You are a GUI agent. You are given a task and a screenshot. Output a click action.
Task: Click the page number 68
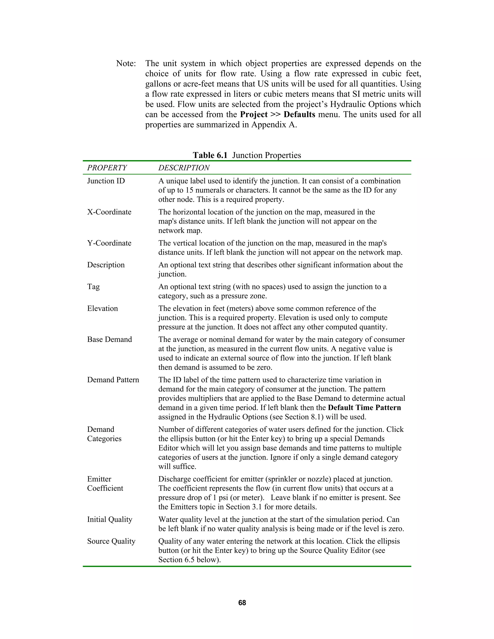[x=242, y=603]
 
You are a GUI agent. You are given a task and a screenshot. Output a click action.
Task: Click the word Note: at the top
[x=126, y=63]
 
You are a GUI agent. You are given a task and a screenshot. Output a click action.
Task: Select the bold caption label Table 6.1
[x=210, y=155]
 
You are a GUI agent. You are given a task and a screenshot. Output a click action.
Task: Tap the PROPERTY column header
[x=107, y=168]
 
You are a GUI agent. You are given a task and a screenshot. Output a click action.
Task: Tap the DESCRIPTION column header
[x=184, y=168]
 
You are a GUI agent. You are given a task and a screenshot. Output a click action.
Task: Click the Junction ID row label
[x=106, y=181]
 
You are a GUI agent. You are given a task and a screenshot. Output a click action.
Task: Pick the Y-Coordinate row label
[x=109, y=243]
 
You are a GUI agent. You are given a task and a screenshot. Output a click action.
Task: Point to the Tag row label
[x=93, y=286]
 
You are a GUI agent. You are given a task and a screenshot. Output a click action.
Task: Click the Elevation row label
[x=103, y=308]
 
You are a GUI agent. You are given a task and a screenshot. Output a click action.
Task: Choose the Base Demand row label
[x=110, y=340]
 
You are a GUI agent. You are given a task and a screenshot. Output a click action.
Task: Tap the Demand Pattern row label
[x=113, y=380]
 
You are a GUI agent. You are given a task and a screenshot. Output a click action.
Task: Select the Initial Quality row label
[x=110, y=519]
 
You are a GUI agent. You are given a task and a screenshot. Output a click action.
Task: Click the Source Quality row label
[x=111, y=541]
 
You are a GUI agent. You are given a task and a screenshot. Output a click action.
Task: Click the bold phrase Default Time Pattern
[x=364, y=408]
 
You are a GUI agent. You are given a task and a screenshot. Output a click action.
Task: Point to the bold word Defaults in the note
[x=299, y=114]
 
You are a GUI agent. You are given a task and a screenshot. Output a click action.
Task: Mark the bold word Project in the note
[x=254, y=114]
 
